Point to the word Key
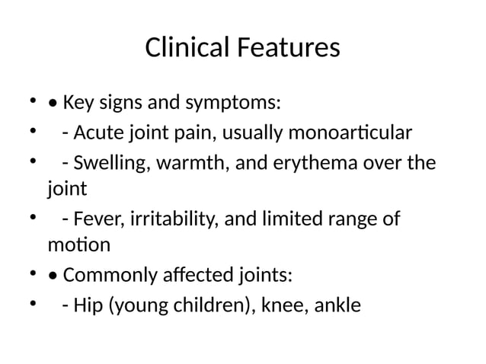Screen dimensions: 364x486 coord(78,102)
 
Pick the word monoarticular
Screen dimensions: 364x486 coord(350,134)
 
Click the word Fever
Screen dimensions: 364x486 coord(95,220)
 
